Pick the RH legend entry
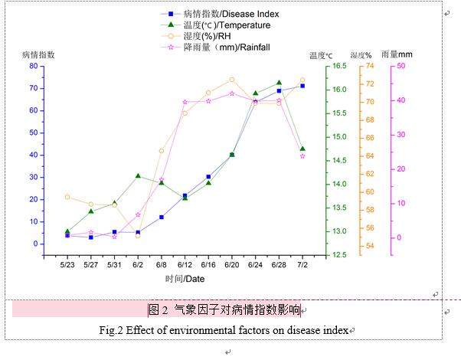207,36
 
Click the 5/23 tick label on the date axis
67,265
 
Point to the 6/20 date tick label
232,265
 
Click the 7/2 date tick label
302,265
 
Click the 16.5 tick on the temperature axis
338,66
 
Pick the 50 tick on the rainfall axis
401,66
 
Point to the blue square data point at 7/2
302,86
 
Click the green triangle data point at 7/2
302,149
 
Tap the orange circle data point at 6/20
232,80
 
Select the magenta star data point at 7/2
302,156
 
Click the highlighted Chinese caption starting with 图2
224,309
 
